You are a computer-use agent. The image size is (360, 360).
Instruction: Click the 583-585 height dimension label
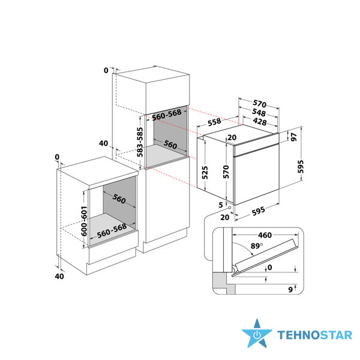(x=140, y=142)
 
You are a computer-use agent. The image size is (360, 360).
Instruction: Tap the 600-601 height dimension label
(x=84, y=221)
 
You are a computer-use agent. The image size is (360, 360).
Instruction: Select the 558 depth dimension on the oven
(x=214, y=122)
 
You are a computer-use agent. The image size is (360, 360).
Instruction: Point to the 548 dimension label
(x=259, y=112)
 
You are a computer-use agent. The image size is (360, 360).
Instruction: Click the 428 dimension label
(x=260, y=121)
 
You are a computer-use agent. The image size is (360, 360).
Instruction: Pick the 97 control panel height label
(x=294, y=137)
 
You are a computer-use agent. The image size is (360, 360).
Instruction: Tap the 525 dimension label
(x=205, y=173)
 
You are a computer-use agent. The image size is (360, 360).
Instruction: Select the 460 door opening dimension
(x=265, y=235)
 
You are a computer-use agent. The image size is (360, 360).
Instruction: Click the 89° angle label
(x=256, y=246)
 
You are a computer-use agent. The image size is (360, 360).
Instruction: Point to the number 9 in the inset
(x=290, y=290)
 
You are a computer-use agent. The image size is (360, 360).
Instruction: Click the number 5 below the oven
(x=221, y=205)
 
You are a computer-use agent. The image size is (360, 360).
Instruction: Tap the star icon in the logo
(x=257, y=334)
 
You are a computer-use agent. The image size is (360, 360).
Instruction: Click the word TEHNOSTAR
(x=314, y=335)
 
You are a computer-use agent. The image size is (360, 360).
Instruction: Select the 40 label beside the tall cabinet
(x=103, y=143)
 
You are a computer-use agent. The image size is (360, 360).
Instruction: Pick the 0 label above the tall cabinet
(x=106, y=70)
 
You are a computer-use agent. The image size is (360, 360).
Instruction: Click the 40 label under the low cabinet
(x=59, y=276)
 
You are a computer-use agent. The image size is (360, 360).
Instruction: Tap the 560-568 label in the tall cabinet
(x=167, y=115)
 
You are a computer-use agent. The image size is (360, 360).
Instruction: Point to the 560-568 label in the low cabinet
(x=112, y=230)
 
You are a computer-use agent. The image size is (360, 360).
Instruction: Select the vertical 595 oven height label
(x=301, y=167)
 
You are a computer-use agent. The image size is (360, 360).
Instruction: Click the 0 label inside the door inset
(x=270, y=267)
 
